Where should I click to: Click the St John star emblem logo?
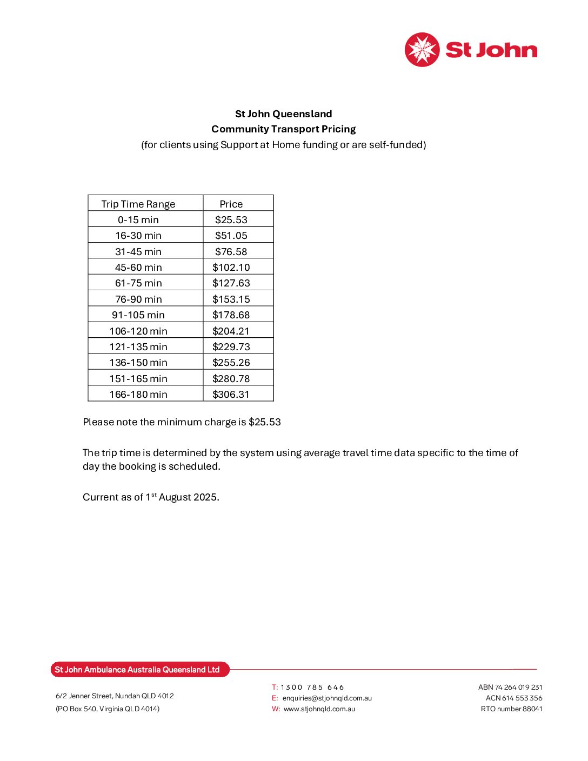[x=422, y=50]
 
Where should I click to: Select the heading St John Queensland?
[x=283, y=114]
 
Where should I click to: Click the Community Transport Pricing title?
[x=283, y=129]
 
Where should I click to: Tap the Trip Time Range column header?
[x=138, y=204]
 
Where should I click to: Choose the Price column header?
[x=231, y=204]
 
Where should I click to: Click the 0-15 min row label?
[x=138, y=220]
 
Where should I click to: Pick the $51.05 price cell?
[x=231, y=236]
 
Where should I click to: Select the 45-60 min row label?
[x=138, y=268]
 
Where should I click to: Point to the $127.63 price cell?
[x=231, y=283]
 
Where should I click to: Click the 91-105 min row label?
[x=138, y=315]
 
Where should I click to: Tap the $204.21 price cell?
[x=231, y=331]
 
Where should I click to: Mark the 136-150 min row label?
[x=138, y=363]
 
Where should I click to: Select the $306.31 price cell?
[x=231, y=395]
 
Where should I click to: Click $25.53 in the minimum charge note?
[x=264, y=422]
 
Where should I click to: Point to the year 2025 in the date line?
[x=205, y=497]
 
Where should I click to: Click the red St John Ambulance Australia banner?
[x=140, y=670]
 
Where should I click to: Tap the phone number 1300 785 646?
[x=312, y=687]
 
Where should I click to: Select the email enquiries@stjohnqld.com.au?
[x=327, y=698]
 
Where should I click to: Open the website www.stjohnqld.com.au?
[x=319, y=709]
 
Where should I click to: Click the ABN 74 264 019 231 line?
[x=510, y=687]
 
